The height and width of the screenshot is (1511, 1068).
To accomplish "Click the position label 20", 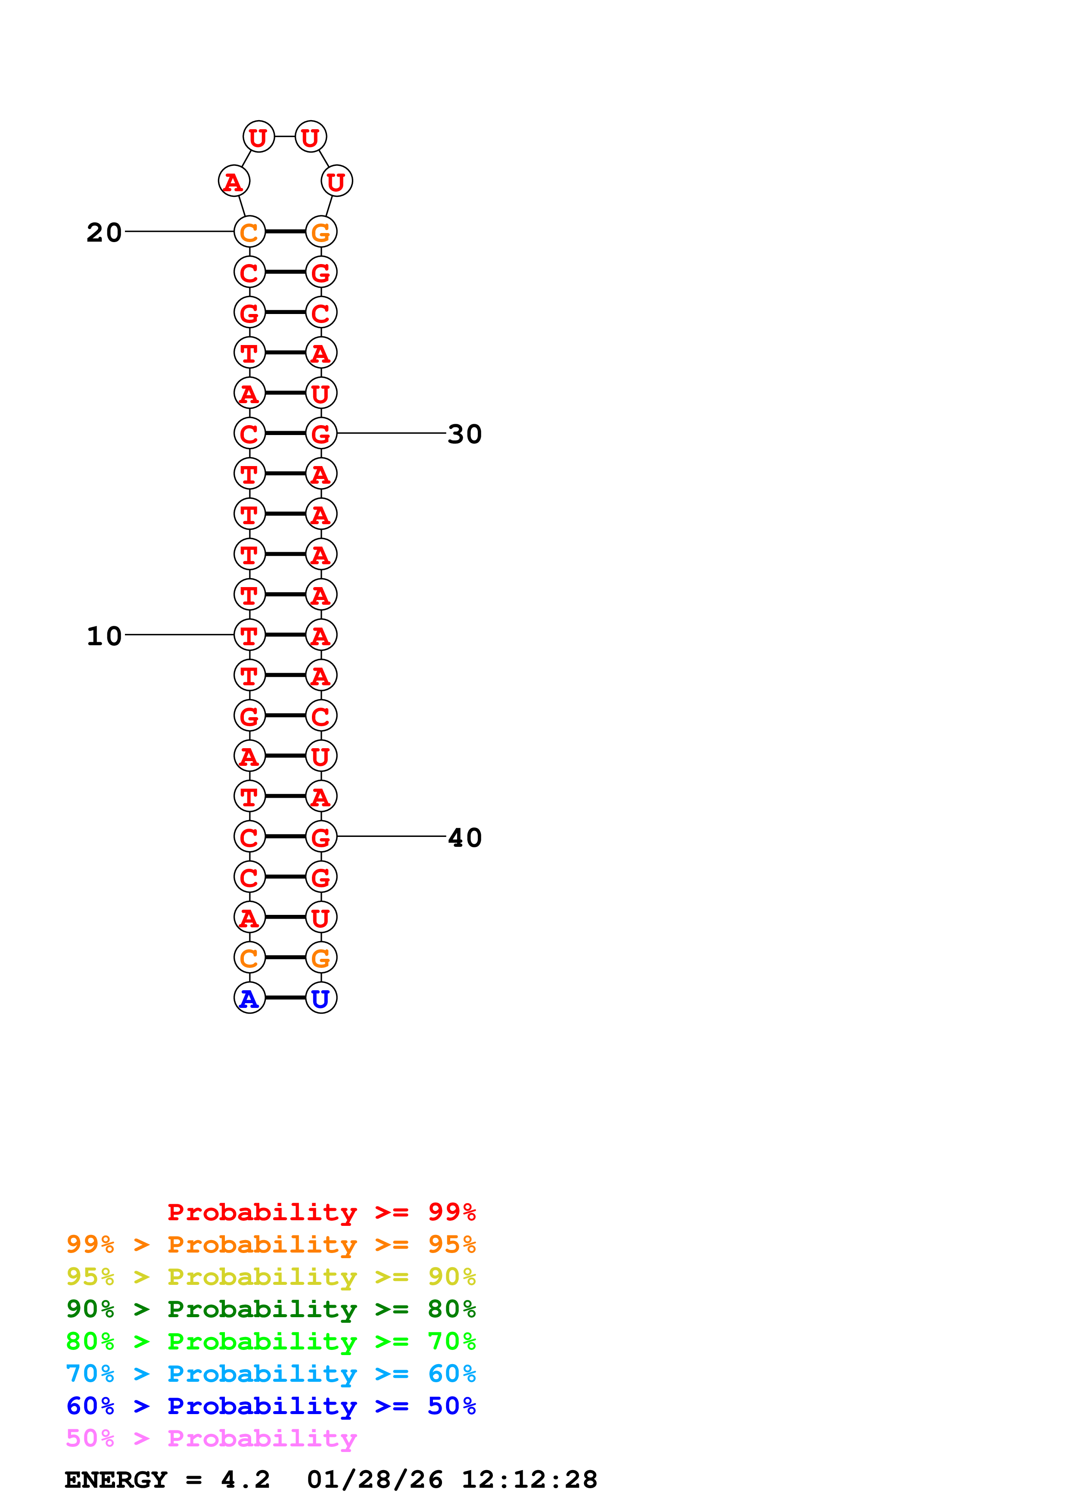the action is (104, 232).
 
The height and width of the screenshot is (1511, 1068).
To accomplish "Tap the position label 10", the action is (104, 636).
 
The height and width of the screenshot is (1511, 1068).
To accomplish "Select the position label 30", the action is (464, 434).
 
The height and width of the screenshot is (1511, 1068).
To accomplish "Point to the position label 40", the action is (464, 838).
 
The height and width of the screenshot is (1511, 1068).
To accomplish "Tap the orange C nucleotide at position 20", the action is (249, 232).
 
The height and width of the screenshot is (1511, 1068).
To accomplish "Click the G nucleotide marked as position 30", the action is (321, 433).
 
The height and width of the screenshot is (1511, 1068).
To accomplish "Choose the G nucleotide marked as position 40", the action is (321, 836).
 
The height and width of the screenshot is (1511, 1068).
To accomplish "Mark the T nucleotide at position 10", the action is (249, 635).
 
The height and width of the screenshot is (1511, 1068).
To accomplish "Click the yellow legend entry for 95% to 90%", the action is (271, 1277).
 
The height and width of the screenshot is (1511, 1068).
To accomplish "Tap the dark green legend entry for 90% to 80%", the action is (271, 1309).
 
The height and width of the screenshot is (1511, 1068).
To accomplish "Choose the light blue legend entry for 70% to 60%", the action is (271, 1374).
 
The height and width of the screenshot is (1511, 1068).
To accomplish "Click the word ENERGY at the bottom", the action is (116, 1480).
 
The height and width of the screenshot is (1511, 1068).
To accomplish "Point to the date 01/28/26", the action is (374, 1480).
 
